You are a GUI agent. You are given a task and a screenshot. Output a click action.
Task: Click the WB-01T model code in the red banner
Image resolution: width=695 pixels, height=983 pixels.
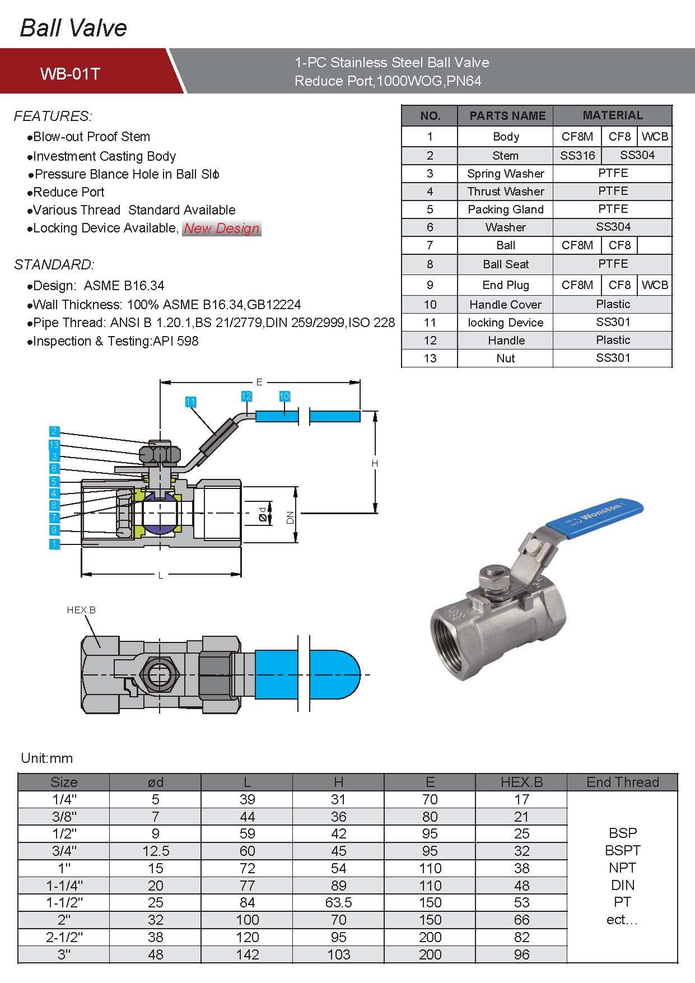pyautogui.click(x=70, y=73)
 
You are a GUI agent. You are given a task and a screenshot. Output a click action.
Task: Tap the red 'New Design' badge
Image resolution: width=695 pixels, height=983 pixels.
pyautogui.click(x=222, y=229)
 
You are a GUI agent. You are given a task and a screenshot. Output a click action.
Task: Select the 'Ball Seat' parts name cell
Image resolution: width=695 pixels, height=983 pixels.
pyautogui.click(x=505, y=264)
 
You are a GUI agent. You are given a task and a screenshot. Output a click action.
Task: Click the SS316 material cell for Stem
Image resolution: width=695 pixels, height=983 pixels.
pyautogui.click(x=577, y=155)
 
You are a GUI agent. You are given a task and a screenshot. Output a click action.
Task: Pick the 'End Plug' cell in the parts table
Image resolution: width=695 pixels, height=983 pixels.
pyautogui.click(x=505, y=285)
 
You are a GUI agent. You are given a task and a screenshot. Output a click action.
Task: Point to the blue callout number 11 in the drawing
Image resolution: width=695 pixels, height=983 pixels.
pyautogui.click(x=191, y=402)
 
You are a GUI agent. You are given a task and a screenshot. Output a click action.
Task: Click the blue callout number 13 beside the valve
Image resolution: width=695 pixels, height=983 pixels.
pyautogui.click(x=54, y=445)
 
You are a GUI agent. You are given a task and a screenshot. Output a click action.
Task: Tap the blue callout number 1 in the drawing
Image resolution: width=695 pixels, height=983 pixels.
pyautogui.click(x=54, y=543)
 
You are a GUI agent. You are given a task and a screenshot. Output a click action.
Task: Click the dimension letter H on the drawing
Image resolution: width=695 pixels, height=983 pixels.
pyautogui.click(x=375, y=463)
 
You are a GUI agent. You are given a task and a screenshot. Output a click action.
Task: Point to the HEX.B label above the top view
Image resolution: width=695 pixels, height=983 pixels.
pyautogui.click(x=81, y=610)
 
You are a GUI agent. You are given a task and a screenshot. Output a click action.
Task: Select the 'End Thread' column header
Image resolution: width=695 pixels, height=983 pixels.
pyautogui.click(x=622, y=782)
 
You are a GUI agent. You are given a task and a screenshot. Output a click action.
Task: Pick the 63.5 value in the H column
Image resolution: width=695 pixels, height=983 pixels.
pyautogui.click(x=338, y=902)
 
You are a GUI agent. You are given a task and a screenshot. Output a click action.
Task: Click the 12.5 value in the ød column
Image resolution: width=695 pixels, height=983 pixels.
pyautogui.click(x=156, y=851)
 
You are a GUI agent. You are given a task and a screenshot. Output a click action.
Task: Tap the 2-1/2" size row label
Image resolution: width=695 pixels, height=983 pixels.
pyautogui.click(x=64, y=937)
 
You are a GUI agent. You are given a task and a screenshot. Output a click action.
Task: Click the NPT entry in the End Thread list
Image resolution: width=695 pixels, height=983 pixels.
pyautogui.click(x=622, y=868)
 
